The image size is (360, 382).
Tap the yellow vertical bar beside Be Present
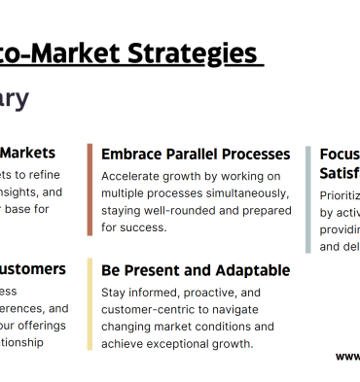tap(90, 304)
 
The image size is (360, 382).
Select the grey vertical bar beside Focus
tap(308, 199)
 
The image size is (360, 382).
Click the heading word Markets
tap(27, 153)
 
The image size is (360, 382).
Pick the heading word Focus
tap(340, 154)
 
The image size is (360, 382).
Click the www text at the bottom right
tap(347, 356)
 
